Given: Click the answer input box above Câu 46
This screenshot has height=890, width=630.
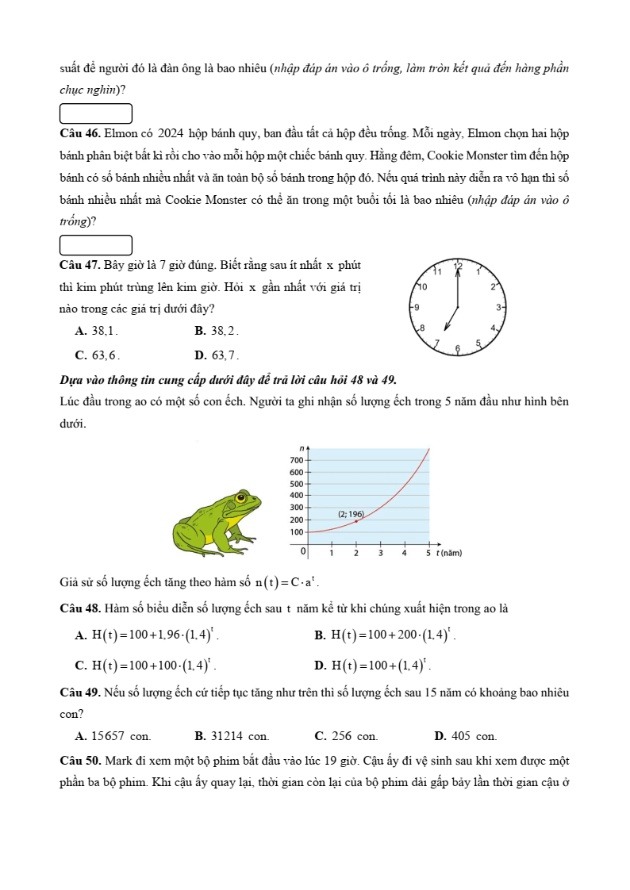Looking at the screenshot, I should pos(96,113).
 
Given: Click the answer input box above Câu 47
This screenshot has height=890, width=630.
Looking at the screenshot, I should pos(96,245).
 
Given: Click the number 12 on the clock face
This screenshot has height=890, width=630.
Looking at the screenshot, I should pos(458,267).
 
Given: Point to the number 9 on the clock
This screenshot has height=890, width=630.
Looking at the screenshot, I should pos(417,306).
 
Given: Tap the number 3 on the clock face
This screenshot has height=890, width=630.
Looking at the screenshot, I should pos(498,306).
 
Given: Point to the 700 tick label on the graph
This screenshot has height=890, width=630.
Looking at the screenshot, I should pos(297,460).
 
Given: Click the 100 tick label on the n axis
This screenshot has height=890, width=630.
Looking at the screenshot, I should pos(297,531).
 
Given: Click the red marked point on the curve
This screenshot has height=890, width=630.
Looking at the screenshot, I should pos(356,521).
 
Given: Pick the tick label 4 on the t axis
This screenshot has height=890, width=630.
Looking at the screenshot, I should pos(405,552).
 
